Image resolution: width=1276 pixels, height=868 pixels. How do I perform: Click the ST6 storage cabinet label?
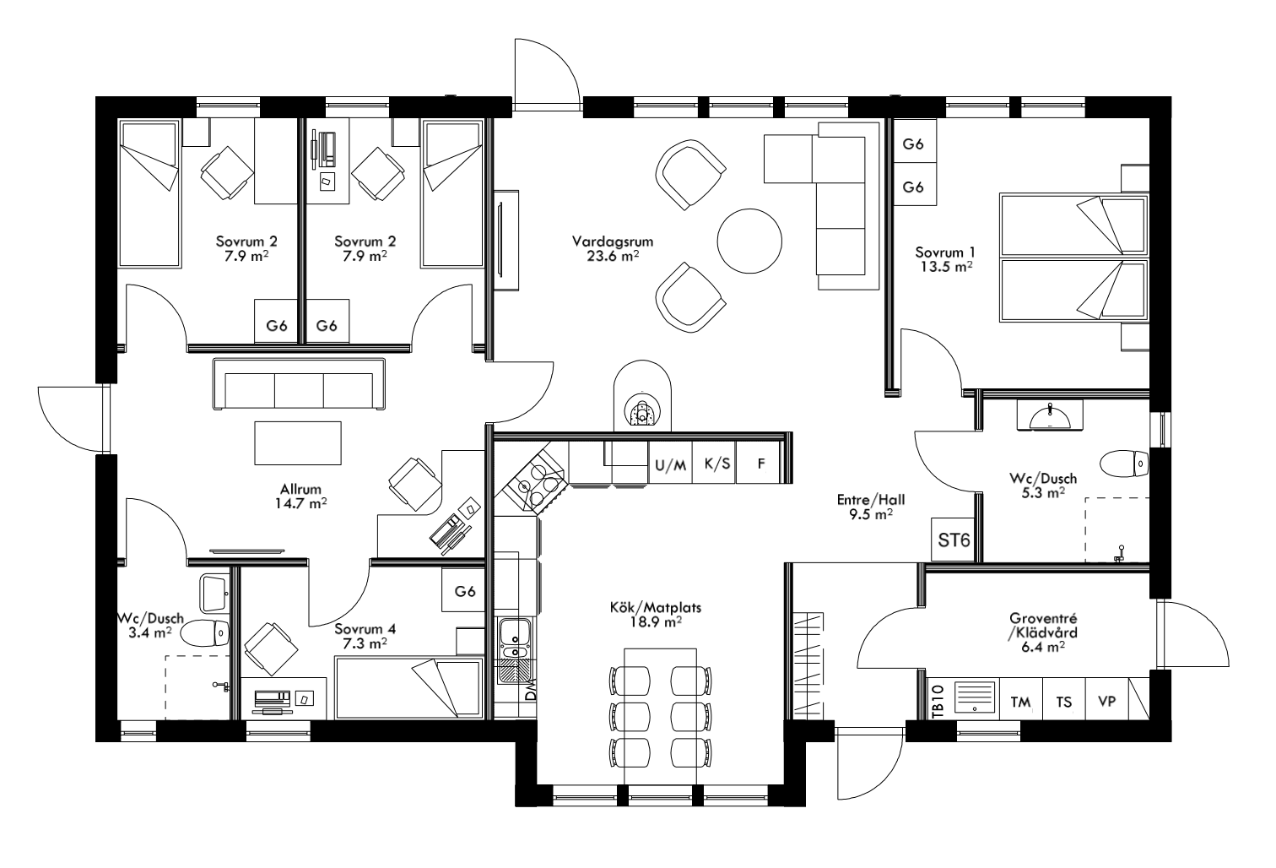[x=954, y=540]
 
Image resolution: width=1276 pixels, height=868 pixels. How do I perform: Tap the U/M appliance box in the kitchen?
[x=671, y=464]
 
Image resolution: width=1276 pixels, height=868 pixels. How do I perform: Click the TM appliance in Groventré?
[x=1021, y=702]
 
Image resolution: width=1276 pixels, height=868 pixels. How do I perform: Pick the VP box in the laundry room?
[x=1106, y=702]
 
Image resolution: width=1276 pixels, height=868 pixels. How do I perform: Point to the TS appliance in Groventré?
[x=1064, y=702]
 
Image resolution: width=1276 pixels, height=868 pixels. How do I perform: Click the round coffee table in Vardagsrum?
[x=749, y=240]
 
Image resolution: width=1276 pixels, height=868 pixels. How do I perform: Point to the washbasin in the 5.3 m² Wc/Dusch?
[x=1049, y=416]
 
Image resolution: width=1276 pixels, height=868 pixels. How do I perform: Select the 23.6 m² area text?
[x=613, y=257]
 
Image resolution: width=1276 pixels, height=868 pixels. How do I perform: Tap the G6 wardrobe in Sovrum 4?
[x=465, y=591]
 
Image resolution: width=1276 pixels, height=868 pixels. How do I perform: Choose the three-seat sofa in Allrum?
[x=299, y=385]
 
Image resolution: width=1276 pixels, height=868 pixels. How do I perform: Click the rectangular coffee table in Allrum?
[x=299, y=442]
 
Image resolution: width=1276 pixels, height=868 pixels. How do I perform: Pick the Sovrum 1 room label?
[x=945, y=252]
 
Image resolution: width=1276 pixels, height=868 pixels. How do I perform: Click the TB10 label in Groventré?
[x=938, y=703]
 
